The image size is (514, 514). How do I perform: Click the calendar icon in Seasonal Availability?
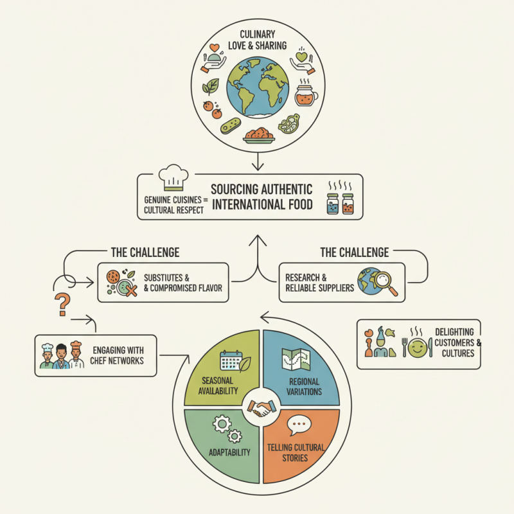(x=229, y=360)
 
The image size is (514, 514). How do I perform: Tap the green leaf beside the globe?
(x=210, y=85)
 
